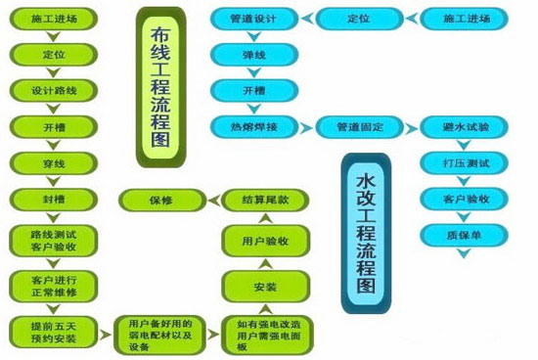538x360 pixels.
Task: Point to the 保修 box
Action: point(160,200)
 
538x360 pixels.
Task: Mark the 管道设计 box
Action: point(251,19)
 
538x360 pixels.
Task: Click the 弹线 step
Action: point(251,55)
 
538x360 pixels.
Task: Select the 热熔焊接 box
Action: point(251,125)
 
